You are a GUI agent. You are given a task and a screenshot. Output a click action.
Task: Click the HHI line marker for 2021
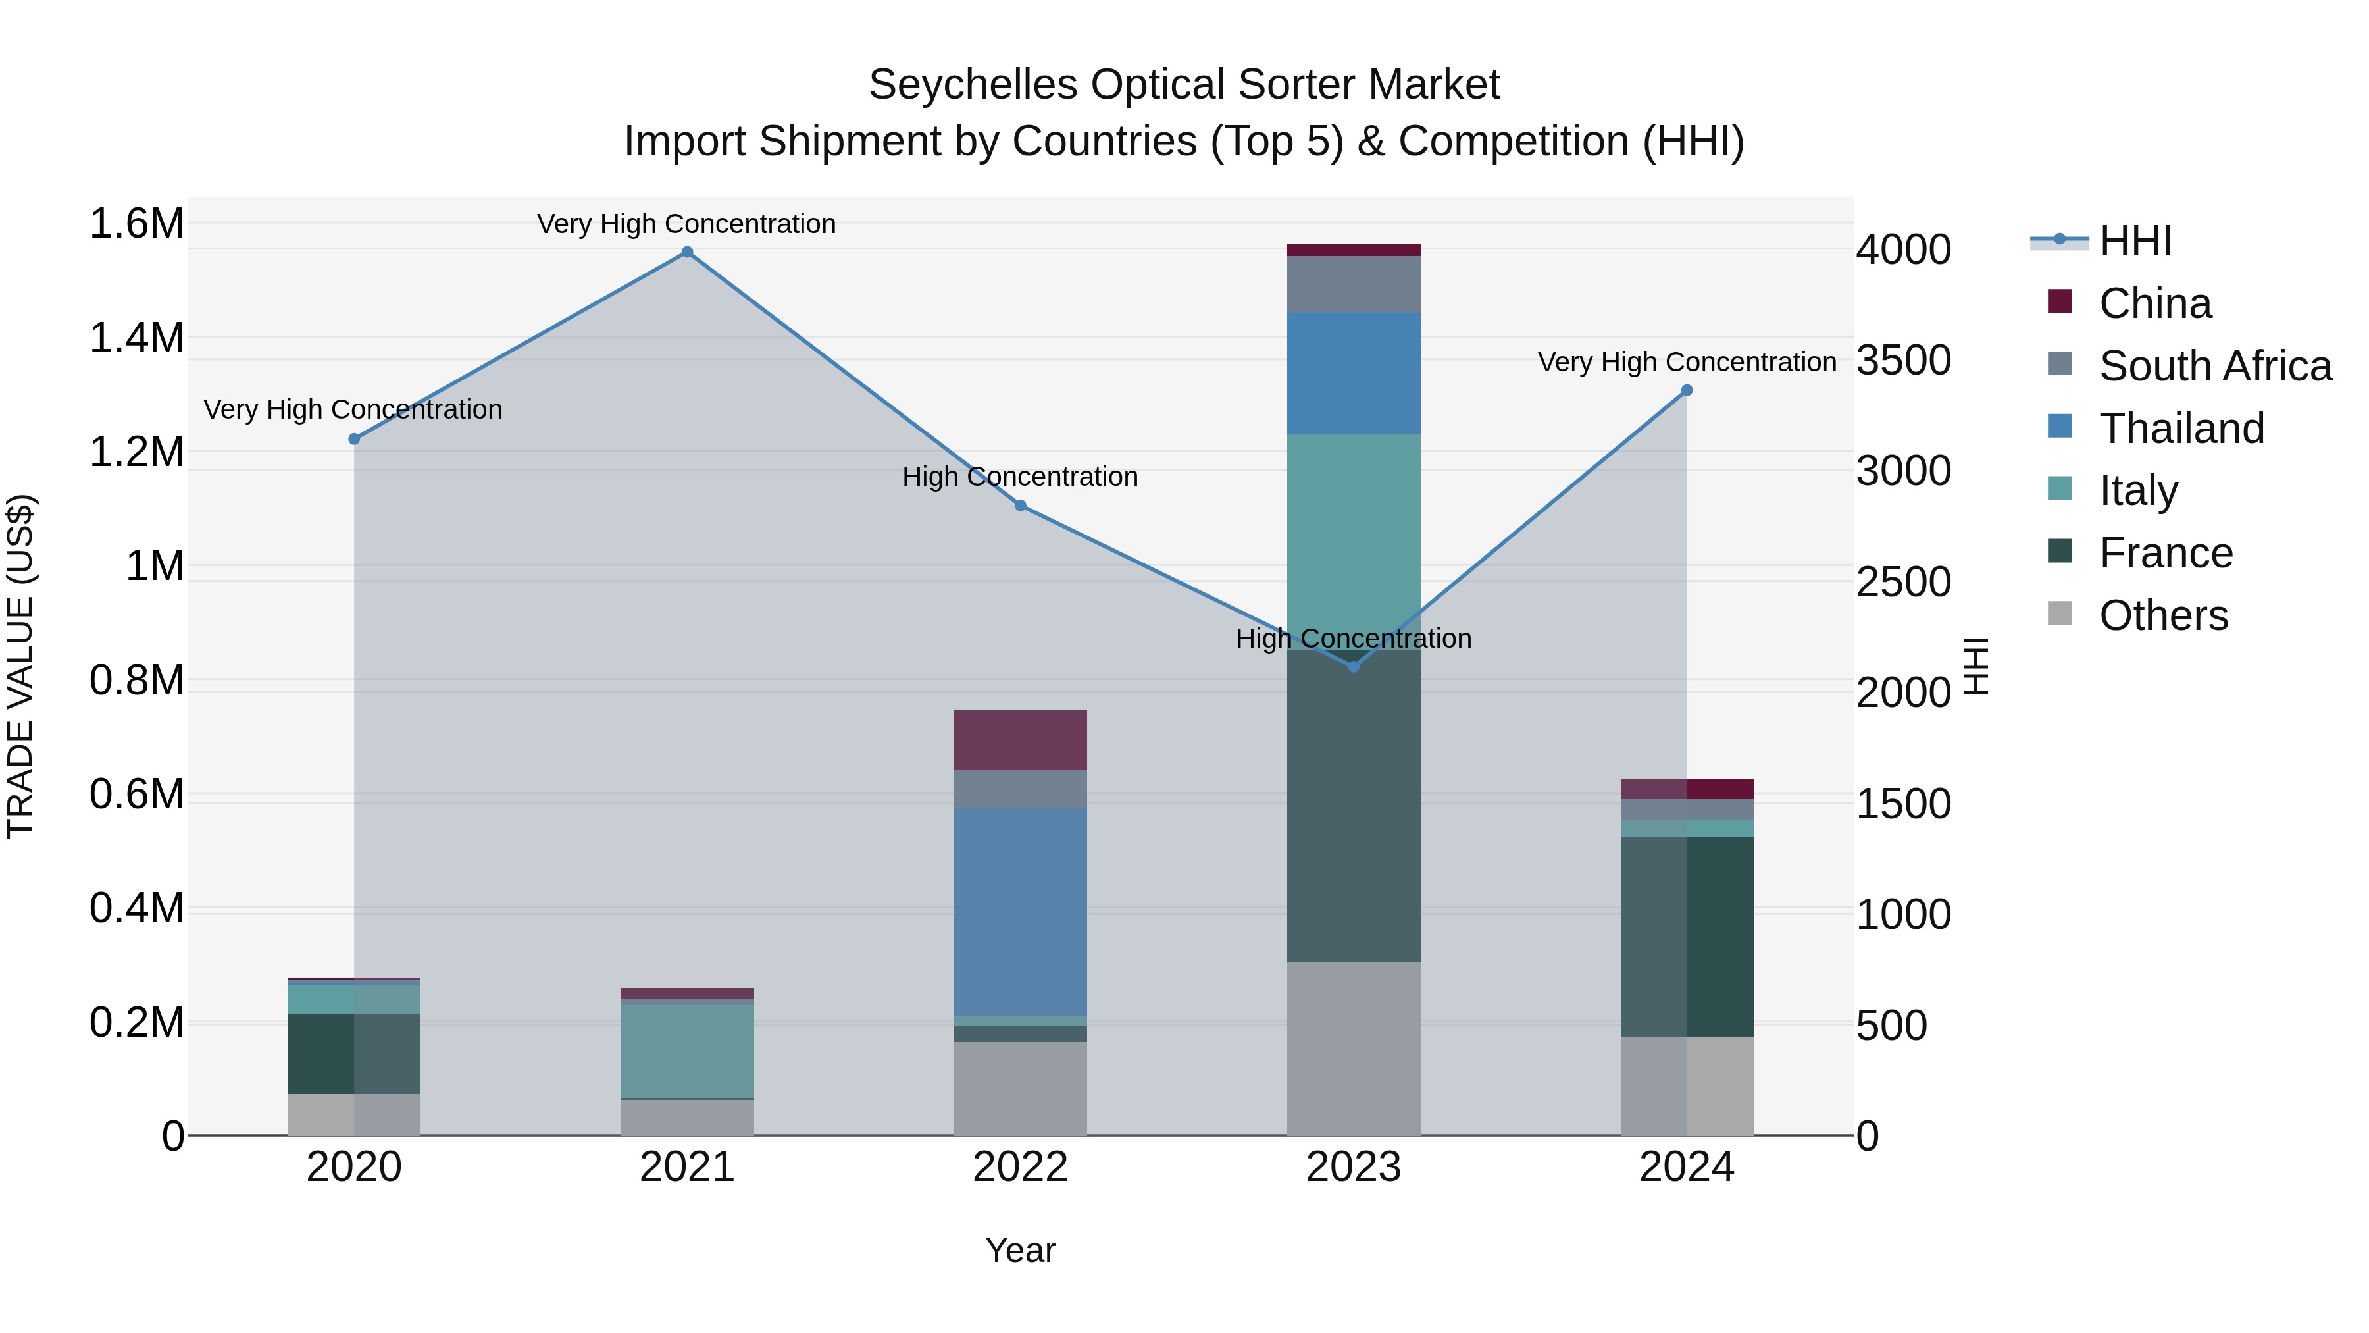pyautogui.click(x=687, y=252)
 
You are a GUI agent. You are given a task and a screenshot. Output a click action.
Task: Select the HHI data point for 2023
pyautogui.click(x=1354, y=666)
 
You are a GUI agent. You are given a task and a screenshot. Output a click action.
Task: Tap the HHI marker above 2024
pyautogui.click(x=1687, y=390)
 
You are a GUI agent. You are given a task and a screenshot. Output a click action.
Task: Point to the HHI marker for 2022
pyautogui.click(x=1020, y=505)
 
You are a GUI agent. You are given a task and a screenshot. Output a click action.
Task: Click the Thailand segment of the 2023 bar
pyautogui.click(x=1354, y=373)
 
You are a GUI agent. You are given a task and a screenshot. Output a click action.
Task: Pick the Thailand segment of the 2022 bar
pyautogui.click(x=1020, y=912)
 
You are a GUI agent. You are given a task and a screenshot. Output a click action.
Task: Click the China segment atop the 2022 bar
pyautogui.click(x=1020, y=740)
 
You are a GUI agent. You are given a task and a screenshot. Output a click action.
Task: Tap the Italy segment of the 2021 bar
pyautogui.click(x=687, y=1051)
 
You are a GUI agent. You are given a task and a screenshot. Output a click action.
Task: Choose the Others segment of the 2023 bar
pyautogui.click(x=1354, y=1048)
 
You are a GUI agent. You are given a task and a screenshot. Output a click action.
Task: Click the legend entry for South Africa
pyautogui.click(x=2214, y=366)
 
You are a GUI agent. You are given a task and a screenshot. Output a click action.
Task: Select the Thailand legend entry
pyautogui.click(x=2181, y=429)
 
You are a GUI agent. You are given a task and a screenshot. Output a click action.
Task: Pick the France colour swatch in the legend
pyautogui.click(x=2060, y=551)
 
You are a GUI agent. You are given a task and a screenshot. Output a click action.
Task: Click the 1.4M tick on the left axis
pyautogui.click(x=136, y=338)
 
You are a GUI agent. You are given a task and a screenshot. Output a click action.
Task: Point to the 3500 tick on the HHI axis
pyautogui.click(x=1902, y=361)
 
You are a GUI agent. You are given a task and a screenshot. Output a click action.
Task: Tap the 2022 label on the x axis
pyautogui.click(x=1020, y=1167)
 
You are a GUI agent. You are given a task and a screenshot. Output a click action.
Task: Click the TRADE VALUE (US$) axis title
pyautogui.click(x=21, y=666)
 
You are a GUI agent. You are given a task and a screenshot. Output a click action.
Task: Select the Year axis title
pyautogui.click(x=1020, y=1250)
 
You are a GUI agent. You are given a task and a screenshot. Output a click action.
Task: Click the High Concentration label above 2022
pyautogui.click(x=1020, y=477)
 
